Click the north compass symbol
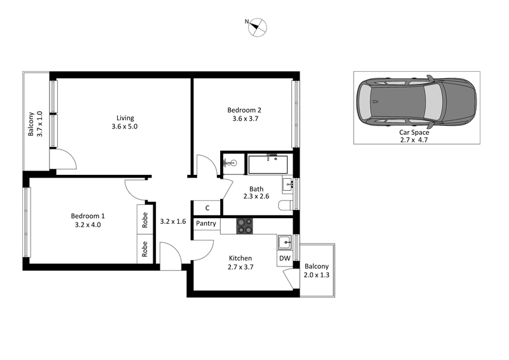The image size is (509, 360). point(258,26)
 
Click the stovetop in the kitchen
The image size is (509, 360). point(245,225)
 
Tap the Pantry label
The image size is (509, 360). point(206,224)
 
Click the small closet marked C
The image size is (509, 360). point(207,208)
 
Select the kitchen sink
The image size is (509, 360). point(284,242)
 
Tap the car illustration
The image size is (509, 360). point(416,102)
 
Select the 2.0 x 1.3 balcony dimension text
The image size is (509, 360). point(316,275)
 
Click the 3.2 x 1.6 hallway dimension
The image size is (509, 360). point(172,221)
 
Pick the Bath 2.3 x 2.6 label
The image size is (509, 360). point(256,193)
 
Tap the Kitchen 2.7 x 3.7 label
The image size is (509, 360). point(241,263)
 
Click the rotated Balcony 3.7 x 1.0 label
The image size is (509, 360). point(35,124)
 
